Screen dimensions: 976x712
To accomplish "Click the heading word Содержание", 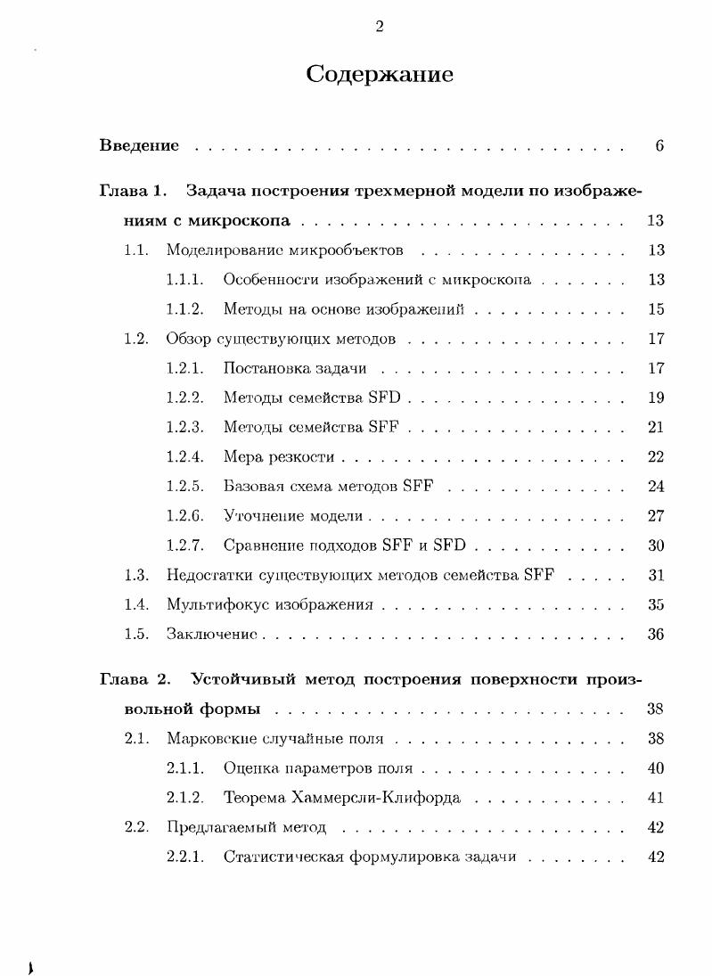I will coord(380,74).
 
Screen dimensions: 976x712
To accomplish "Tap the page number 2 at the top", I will coord(380,27).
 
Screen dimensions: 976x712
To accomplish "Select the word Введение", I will coord(139,145).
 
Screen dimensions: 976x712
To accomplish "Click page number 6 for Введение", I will coord(659,145).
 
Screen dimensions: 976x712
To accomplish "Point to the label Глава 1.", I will coord(133,191).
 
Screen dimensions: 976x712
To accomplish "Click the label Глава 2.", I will coord(135,679).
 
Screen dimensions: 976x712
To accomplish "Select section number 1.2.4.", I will coord(184,457).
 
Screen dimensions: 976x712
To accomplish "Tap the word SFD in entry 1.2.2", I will coord(384,398).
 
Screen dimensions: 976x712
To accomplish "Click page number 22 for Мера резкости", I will coord(656,457).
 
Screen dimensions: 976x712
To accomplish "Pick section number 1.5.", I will coord(135,634).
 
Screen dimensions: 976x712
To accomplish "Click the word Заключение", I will coord(211,634).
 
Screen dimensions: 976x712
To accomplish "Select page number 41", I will coord(656,798).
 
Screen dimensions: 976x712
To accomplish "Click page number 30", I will coord(656,545).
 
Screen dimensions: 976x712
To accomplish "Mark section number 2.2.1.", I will coord(184,857).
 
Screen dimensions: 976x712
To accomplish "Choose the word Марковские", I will coord(211,738).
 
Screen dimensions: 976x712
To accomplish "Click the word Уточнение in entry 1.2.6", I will coord(263,516).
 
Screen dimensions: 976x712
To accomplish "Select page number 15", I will coord(656,309).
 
